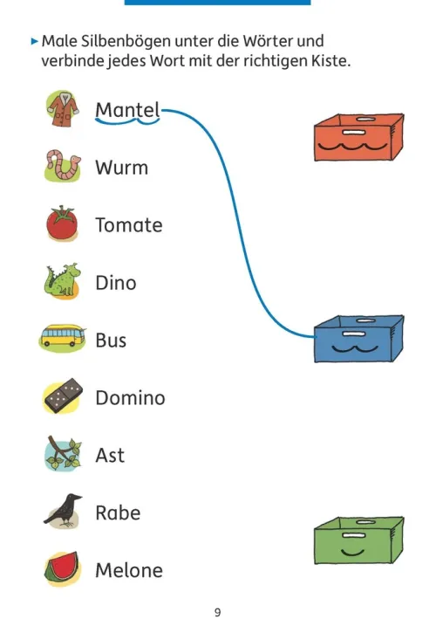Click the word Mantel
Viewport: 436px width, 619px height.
pos(127,110)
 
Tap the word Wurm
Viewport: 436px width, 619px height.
pos(122,168)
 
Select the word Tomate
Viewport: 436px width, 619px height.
pos(129,225)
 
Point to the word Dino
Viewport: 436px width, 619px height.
pos(116,283)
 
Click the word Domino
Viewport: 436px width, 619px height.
pos(131,397)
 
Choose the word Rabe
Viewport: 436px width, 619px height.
pos(118,512)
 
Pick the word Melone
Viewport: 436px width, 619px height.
pos(129,570)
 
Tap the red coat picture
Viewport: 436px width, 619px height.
pos(63,109)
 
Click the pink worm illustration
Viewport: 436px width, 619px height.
pos(63,165)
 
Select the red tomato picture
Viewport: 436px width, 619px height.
pos(62,223)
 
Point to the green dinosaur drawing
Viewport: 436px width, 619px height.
pos(62,280)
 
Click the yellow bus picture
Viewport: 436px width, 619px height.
pos(62,338)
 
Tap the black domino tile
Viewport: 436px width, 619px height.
pos(63,396)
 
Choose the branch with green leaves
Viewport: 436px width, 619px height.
pos(63,454)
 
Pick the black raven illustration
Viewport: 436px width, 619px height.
pos(63,511)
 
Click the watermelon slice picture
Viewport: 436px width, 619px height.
pos(62,568)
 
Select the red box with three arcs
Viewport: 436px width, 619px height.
pos(358,137)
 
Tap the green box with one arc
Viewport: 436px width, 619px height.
pos(358,540)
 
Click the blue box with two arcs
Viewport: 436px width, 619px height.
pos(358,339)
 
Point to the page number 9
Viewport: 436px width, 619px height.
pos(218,612)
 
